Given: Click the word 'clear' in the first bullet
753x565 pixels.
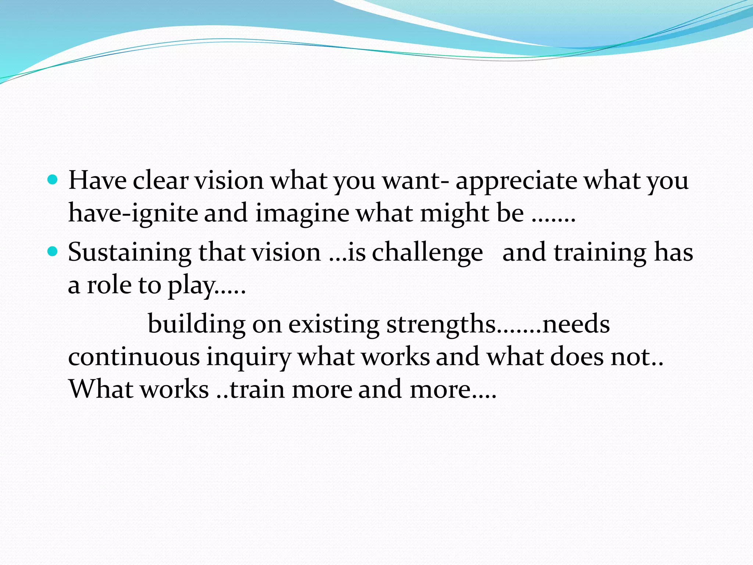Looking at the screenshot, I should tap(161, 181).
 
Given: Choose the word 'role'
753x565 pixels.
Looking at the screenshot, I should tap(109, 285).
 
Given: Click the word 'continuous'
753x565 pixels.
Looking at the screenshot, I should tap(134, 357).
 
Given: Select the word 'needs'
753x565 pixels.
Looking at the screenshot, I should tap(576, 324).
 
